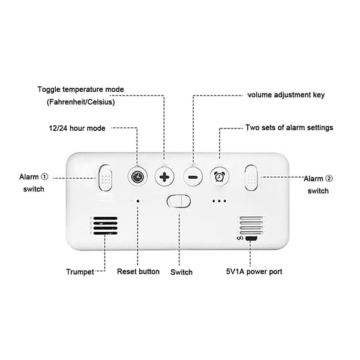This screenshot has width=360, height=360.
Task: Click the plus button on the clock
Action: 164,177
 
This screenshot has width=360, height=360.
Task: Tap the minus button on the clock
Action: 193,177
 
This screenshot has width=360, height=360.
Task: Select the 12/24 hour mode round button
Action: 137,177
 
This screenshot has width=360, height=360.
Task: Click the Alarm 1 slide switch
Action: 106,178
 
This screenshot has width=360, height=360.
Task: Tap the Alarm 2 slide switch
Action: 251,178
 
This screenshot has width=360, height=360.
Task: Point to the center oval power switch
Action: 179,202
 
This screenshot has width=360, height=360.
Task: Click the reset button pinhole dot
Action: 138,201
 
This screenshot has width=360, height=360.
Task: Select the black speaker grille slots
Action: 106,226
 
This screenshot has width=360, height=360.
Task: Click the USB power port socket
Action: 251,239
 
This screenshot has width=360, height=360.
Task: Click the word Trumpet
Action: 80,272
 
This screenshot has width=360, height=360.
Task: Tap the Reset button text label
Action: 138,271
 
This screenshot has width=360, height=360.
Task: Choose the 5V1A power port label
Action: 254,272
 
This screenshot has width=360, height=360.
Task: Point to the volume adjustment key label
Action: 286,95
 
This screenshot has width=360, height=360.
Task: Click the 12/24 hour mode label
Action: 77,128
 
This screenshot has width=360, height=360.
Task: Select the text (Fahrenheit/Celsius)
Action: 81,102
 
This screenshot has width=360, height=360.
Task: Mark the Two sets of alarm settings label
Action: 289,128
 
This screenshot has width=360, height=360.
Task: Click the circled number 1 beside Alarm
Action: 44,177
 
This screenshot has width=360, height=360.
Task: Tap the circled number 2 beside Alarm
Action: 329,178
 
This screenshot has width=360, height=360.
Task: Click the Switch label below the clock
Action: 181,272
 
